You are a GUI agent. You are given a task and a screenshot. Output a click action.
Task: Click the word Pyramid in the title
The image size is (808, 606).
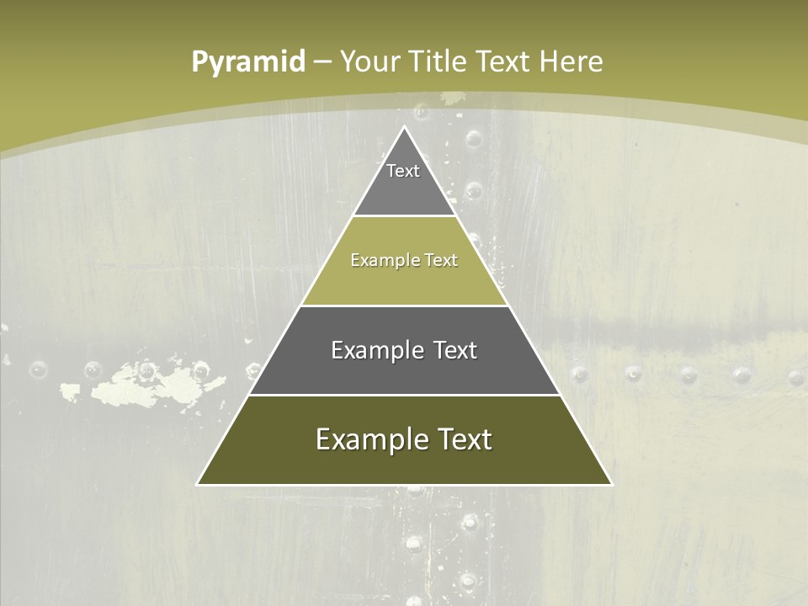248,61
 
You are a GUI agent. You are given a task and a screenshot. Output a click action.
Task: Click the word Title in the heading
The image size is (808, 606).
441,61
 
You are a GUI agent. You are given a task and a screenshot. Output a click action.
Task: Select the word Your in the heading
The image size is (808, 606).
369,61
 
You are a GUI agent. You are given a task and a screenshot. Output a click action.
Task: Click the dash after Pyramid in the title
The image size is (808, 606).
322,61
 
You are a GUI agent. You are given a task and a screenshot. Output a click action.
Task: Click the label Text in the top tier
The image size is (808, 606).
403,171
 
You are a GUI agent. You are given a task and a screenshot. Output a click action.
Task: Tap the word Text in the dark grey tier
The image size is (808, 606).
452,350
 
